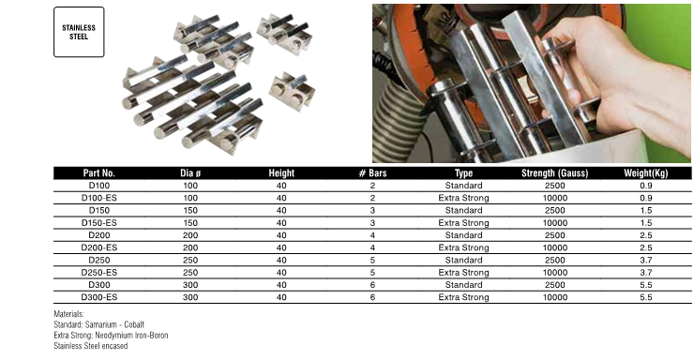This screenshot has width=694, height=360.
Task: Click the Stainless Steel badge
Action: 79,32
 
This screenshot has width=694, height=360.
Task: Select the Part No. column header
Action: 98,172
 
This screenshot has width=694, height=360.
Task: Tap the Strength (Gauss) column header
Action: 554,172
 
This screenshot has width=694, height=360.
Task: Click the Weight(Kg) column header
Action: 646,172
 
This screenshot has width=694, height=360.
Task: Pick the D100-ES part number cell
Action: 99,198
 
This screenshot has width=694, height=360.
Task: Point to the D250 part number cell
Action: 99,260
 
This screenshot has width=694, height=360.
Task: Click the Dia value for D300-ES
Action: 190,297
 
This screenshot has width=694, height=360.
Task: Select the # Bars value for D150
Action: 372,211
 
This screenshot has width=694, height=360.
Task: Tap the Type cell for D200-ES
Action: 463,247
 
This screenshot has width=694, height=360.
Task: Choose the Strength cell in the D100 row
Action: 555,186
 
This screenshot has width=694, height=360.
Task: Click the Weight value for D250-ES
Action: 646,273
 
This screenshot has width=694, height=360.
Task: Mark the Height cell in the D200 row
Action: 281,235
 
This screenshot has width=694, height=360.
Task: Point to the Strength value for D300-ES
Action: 555,297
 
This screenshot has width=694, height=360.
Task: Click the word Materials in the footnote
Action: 68,314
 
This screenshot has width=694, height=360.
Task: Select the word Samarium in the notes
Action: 101,324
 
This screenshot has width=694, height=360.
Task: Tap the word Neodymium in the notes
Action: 114,336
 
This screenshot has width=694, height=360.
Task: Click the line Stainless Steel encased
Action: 91,346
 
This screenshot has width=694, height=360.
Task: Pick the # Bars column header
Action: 372,172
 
